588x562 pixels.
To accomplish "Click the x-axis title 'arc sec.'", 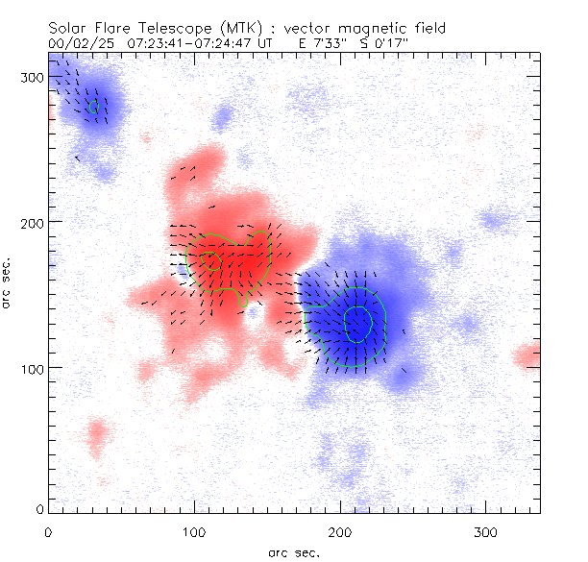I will [293, 551].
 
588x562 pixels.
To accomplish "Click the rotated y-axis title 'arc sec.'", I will [8, 281].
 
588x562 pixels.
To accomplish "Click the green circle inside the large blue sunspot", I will [357, 324].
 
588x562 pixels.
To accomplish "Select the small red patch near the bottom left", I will [96, 437].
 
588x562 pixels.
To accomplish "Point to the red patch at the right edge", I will [527, 357].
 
